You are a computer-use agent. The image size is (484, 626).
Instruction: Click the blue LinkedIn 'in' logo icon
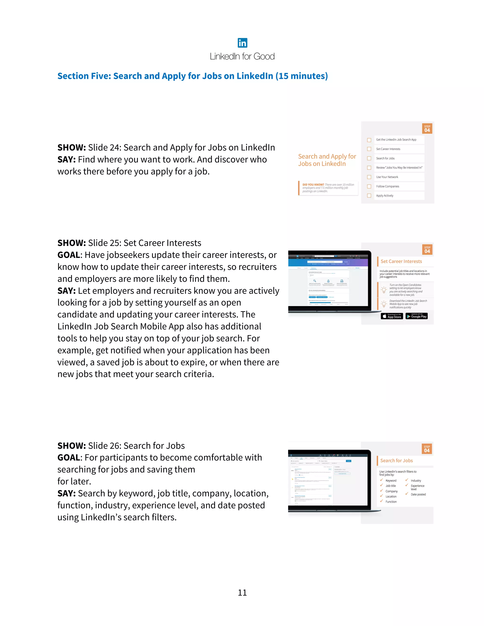(x=242, y=43)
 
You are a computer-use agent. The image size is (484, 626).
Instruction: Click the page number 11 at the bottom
(x=242, y=592)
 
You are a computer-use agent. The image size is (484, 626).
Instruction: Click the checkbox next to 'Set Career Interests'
(x=369, y=149)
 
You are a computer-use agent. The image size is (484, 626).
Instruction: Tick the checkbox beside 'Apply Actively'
(x=369, y=196)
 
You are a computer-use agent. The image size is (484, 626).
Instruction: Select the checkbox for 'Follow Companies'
(x=369, y=186)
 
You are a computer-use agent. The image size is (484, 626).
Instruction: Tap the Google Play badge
(x=417, y=316)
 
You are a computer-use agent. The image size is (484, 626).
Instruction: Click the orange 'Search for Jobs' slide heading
(x=396, y=461)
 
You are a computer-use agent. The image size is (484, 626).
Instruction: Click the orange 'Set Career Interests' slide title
(x=401, y=262)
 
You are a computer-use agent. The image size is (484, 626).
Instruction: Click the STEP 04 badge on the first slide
(x=427, y=129)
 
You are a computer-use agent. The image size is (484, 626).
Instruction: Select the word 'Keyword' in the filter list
(x=391, y=481)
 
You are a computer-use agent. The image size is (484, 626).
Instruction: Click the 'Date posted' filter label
(x=418, y=494)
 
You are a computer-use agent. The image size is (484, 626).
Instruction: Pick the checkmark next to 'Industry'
(x=406, y=480)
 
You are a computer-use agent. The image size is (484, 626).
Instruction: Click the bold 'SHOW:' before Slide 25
(x=71, y=243)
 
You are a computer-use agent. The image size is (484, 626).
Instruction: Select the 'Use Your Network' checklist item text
(x=387, y=177)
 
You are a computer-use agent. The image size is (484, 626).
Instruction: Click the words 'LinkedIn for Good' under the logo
(x=242, y=56)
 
